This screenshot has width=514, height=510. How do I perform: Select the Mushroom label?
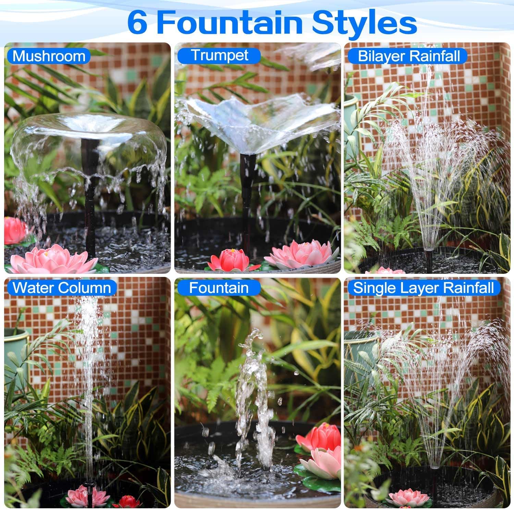pos(49,56)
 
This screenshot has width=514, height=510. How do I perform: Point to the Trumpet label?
pos(219,55)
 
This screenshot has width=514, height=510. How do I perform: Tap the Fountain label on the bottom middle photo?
pos(219,288)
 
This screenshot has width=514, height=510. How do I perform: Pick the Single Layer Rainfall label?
pos(424,288)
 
